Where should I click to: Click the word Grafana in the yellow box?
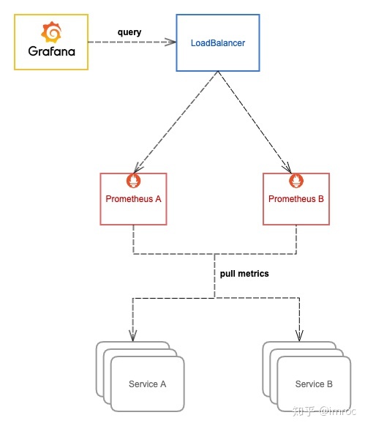click(x=51, y=53)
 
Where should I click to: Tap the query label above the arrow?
click(x=129, y=33)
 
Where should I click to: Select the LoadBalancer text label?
click(x=217, y=43)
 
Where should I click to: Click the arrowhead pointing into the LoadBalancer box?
click(x=171, y=42)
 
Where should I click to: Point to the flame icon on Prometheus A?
click(x=133, y=180)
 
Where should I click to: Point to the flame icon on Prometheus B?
click(x=296, y=180)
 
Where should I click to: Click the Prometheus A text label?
click(x=133, y=199)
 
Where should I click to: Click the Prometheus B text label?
click(x=296, y=199)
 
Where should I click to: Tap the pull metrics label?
click(x=244, y=274)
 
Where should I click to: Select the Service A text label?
click(x=147, y=384)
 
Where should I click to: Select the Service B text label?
click(x=314, y=384)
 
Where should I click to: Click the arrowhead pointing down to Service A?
click(x=132, y=337)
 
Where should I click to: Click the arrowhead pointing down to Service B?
click(x=299, y=337)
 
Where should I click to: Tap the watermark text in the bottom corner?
click(x=323, y=412)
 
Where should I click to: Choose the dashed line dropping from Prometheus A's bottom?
click(x=133, y=239)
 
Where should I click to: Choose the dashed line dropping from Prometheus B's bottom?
click(x=296, y=239)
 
